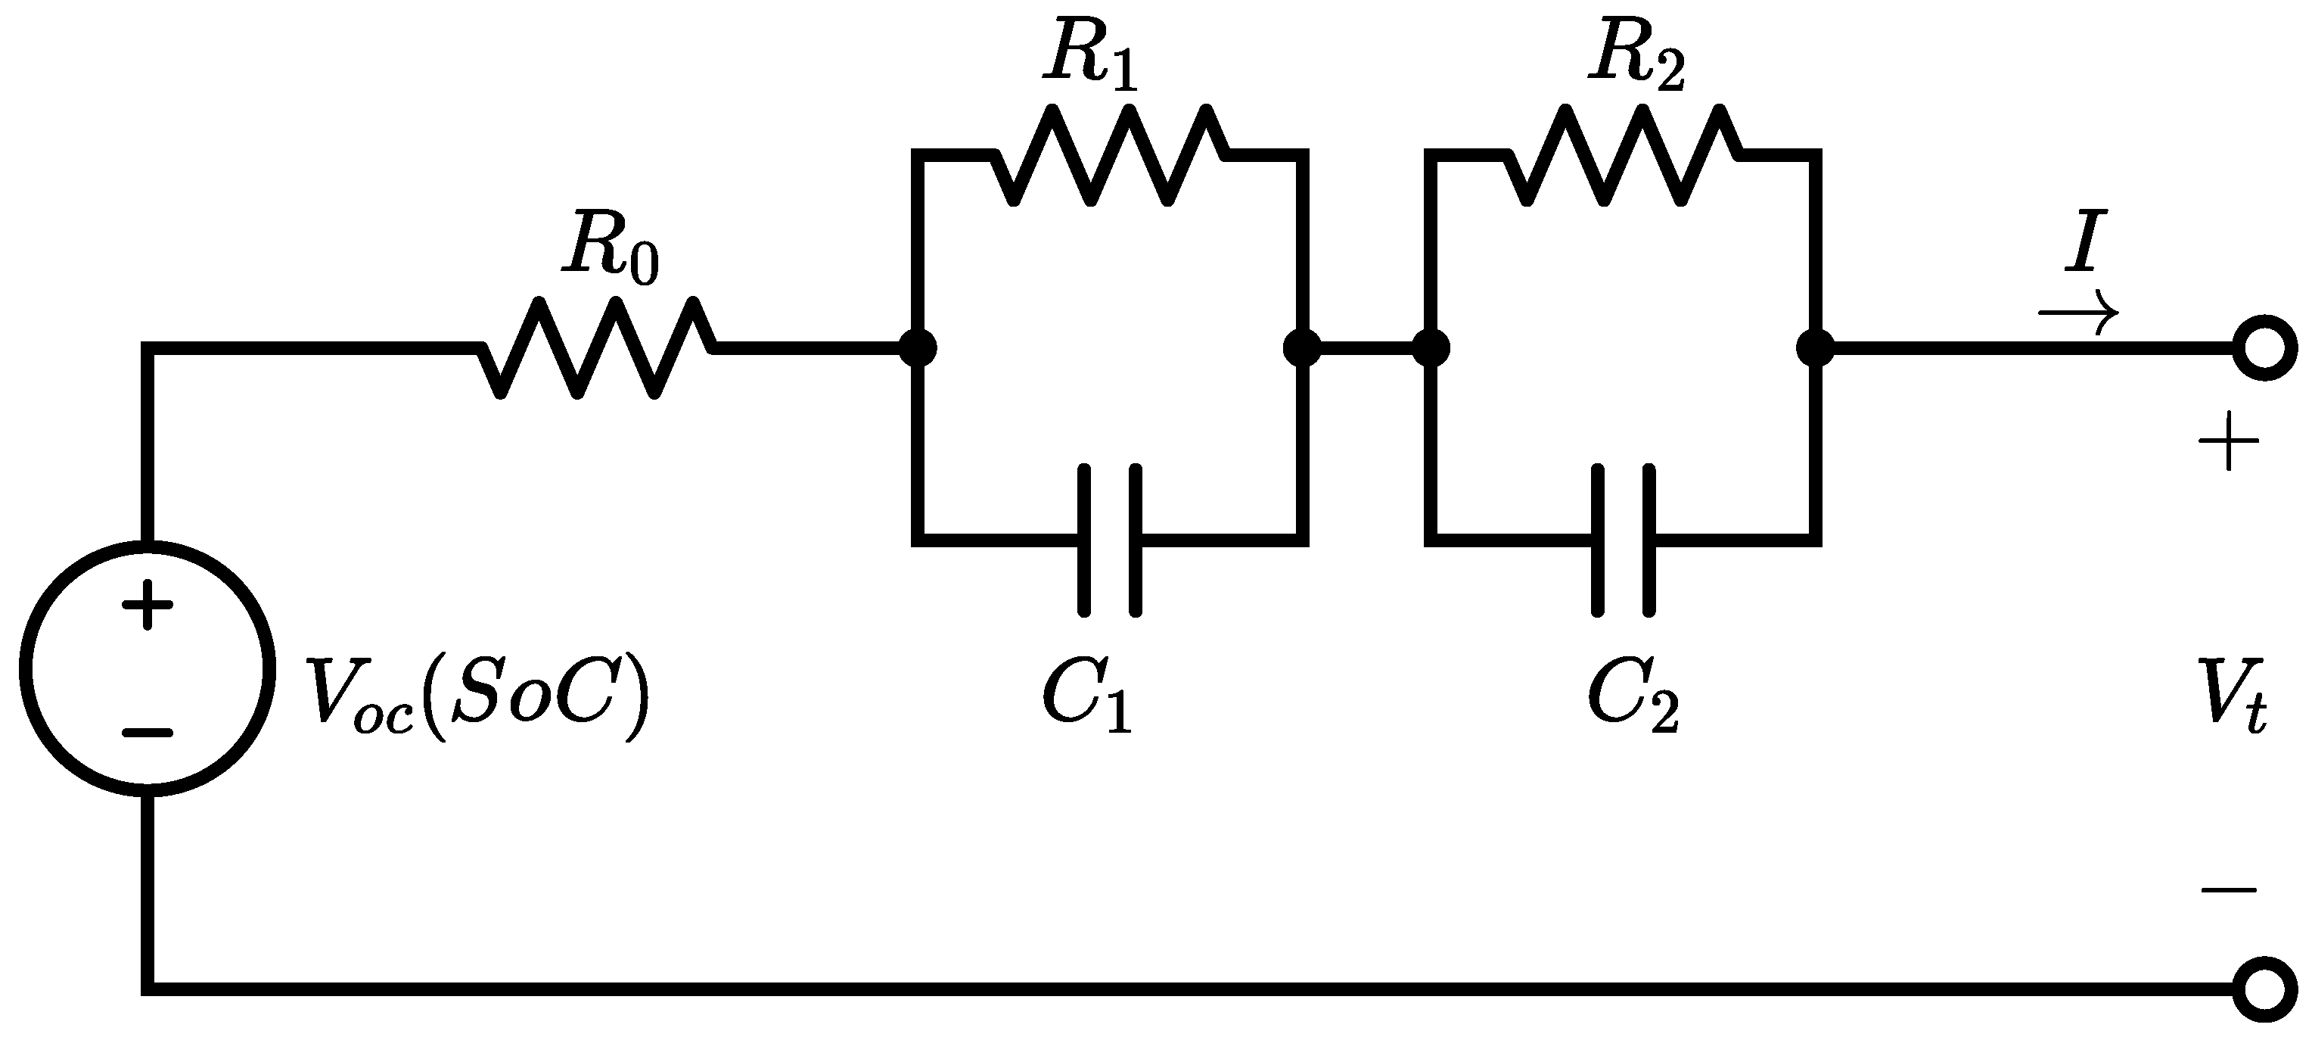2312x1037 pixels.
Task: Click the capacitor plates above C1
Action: point(1110,540)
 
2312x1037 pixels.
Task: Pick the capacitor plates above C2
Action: point(1624,540)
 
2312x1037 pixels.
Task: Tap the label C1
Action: point(1087,696)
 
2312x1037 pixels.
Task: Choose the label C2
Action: point(1633,696)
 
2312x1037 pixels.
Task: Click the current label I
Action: point(2084,241)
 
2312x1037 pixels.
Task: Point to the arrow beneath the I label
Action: point(2079,313)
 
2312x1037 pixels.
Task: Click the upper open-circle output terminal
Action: point(2265,347)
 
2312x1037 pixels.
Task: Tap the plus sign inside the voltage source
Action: point(148,605)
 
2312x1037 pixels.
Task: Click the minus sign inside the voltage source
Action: point(148,733)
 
